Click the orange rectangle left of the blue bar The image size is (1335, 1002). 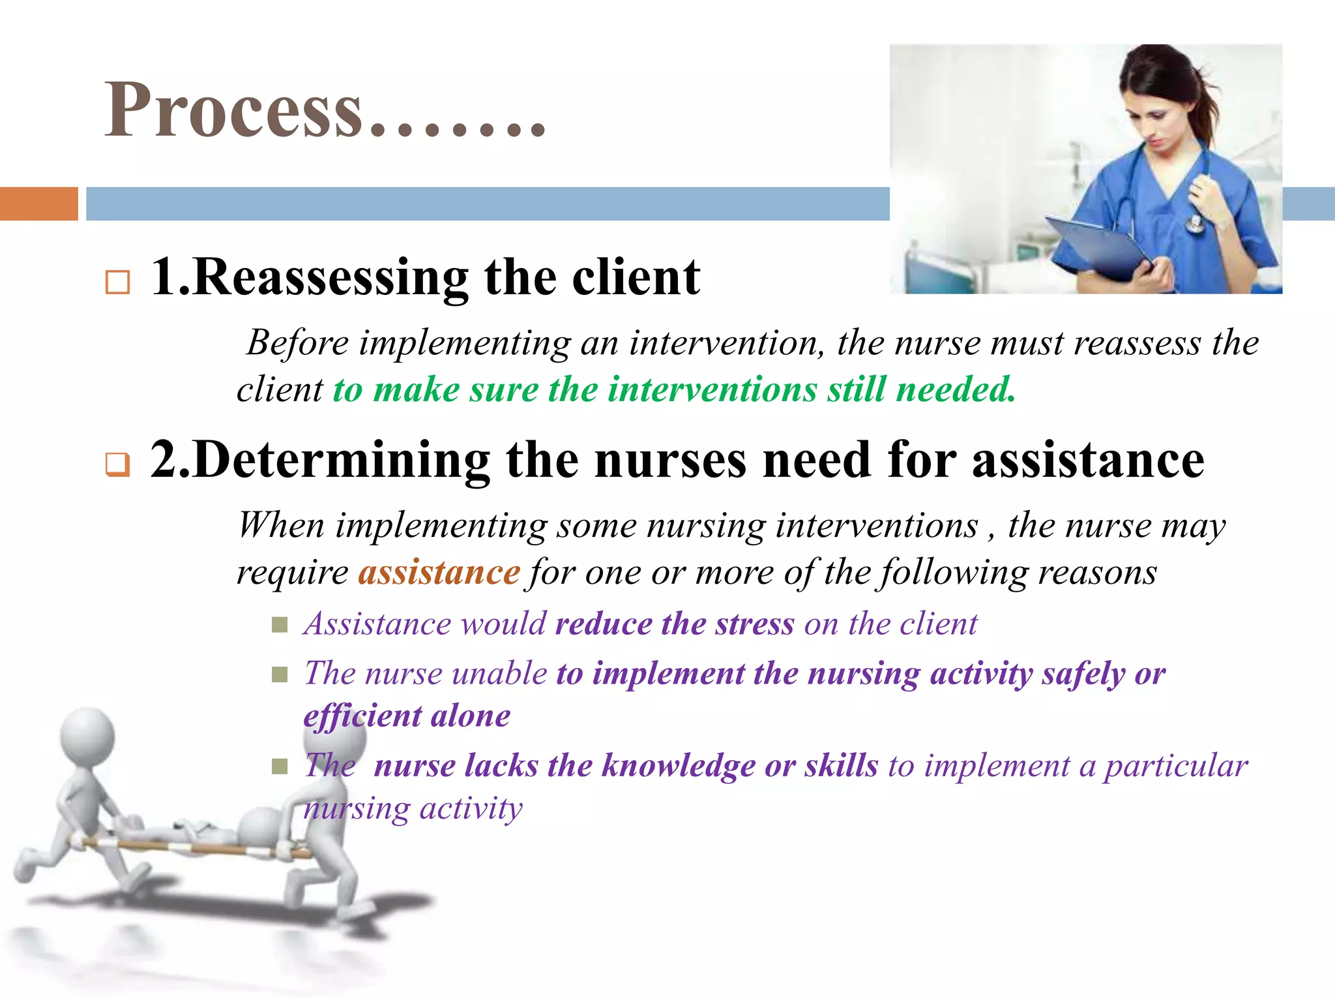(38, 204)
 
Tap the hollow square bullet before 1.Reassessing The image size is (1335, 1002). (117, 282)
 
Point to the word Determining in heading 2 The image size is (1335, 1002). (342, 461)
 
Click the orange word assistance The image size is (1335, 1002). (439, 573)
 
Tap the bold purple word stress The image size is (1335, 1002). (754, 624)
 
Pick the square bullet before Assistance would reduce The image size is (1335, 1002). (280, 626)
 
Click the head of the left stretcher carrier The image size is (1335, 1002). (87, 736)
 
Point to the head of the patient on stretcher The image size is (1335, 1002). (259, 827)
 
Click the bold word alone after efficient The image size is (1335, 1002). (470, 716)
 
